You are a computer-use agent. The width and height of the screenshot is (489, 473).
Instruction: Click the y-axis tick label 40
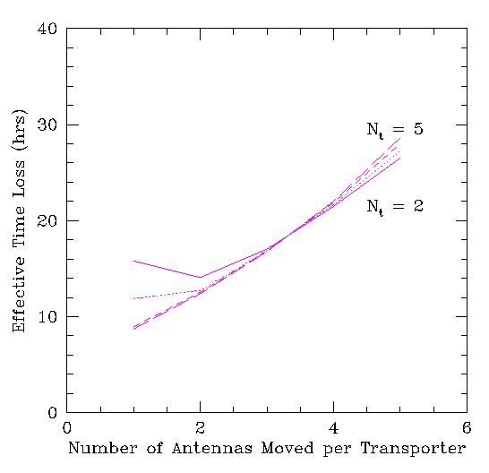(47, 29)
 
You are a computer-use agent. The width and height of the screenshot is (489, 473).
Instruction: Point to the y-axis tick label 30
(47, 125)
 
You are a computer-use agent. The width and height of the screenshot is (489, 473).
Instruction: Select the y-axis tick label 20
(47, 220)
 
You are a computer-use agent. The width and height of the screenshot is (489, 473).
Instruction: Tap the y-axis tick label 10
(47, 317)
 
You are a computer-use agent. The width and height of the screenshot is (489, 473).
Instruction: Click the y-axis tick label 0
(52, 412)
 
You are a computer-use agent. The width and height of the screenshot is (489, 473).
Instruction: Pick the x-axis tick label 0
(67, 427)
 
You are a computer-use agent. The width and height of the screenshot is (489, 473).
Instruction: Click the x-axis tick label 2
(201, 427)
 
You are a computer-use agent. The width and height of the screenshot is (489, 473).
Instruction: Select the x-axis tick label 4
(334, 427)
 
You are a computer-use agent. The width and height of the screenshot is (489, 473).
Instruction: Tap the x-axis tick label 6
(467, 427)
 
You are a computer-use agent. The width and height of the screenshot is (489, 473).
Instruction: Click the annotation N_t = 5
(395, 130)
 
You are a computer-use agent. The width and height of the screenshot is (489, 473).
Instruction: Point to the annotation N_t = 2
(395, 207)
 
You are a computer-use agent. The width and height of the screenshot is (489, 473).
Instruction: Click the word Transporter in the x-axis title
(413, 449)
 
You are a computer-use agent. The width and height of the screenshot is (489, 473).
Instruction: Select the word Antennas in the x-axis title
(212, 448)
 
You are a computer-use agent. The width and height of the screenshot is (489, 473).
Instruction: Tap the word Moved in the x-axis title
(287, 448)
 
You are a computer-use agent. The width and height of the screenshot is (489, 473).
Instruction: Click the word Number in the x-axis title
(103, 448)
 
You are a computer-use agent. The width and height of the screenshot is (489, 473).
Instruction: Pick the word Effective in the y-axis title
(19, 294)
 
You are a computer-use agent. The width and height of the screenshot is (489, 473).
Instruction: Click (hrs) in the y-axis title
(20, 131)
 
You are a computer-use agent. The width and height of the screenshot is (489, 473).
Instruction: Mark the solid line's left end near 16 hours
(133, 261)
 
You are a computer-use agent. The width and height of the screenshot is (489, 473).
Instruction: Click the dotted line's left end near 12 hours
(133, 298)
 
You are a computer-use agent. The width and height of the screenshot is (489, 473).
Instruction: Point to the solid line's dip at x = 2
(201, 277)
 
